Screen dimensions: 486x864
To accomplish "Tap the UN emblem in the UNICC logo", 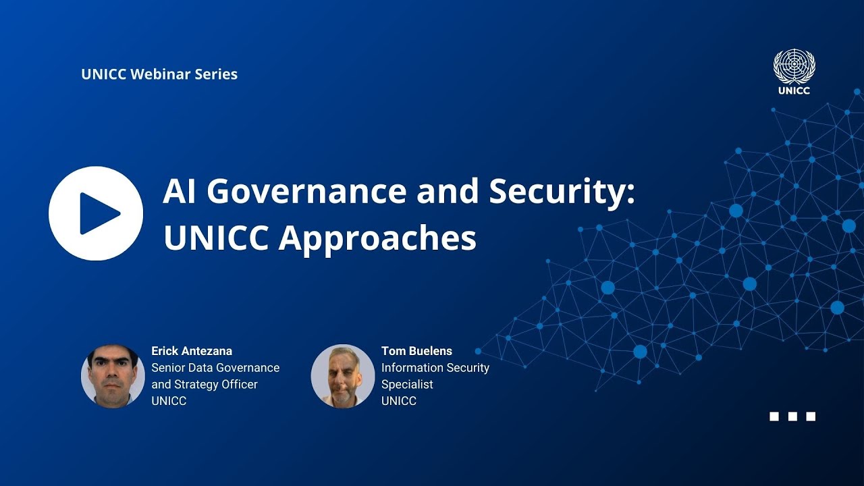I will click(x=794, y=67).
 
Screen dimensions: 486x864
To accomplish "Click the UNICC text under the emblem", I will click(x=794, y=90).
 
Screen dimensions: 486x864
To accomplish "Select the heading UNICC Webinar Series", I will click(x=159, y=74).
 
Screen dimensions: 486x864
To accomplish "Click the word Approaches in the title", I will click(x=378, y=238).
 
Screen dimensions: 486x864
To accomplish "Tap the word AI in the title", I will click(x=180, y=192).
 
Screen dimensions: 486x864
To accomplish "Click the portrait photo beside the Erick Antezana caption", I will click(x=113, y=376).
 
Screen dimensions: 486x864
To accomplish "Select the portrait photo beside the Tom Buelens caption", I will click(x=343, y=376).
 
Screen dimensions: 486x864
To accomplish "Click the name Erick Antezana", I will click(x=192, y=351).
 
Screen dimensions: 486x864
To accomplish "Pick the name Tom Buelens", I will click(x=416, y=351).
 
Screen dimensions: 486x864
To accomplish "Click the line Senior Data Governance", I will click(x=215, y=368).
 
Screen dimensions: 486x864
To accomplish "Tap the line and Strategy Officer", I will click(x=205, y=384).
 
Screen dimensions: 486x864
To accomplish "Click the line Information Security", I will click(x=435, y=368).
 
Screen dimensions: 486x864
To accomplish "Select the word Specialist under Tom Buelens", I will click(x=407, y=384).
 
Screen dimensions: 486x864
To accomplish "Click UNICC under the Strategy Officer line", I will click(x=169, y=401).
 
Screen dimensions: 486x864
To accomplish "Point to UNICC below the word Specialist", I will click(x=399, y=401).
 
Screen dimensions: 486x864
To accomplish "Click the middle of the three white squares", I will click(x=792, y=416).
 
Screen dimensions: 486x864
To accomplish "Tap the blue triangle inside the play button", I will click(x=98, y=213).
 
